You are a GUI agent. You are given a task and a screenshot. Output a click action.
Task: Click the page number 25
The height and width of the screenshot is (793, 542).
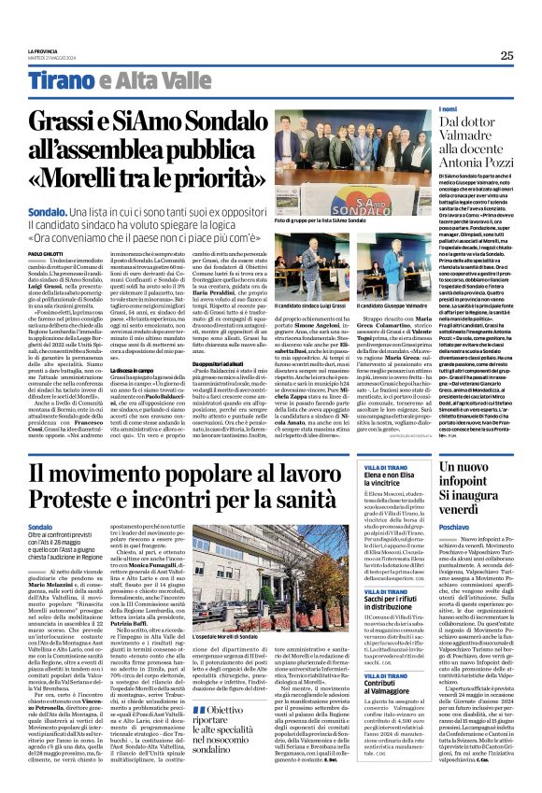(x=506, y=55)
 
